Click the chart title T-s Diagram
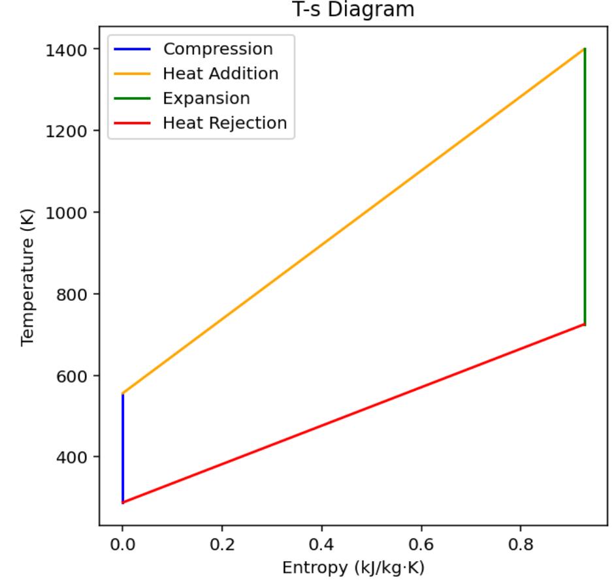pos(353,11)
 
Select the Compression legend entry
pos(218,49)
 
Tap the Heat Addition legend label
pos(221,74)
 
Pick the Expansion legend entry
pos(206,99)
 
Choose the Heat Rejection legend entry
pos(225,123)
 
